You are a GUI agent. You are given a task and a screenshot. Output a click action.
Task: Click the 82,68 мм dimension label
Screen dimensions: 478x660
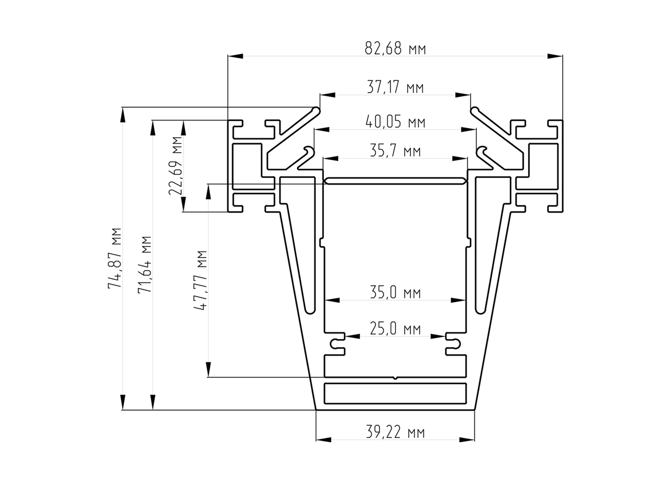pyautogui.click(x=395, y=49)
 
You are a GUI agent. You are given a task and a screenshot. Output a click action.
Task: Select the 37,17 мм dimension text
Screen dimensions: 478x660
pyautogui.click(x=395, y=87)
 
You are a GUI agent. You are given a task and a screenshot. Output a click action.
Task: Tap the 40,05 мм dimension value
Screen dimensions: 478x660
pyautogui.click(x=395, y=122)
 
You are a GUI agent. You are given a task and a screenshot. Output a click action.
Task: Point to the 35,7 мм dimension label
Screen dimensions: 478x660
pyautogui.click(x=395, y=151)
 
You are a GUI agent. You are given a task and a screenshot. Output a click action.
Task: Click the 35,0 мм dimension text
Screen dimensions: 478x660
pyautogui.click(x=395, y=293)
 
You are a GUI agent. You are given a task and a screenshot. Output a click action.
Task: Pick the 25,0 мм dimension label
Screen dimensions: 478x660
pyautogui.click(x=395, y=329)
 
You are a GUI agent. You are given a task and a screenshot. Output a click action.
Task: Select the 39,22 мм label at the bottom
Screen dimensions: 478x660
pyautogui.click(x=395, y=432)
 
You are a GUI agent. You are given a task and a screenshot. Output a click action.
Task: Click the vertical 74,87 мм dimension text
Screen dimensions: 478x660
pyautogui.click(x=115, y=258)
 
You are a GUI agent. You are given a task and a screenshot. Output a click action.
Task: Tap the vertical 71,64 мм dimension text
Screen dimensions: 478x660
pyautogui.click(x=145, y=265)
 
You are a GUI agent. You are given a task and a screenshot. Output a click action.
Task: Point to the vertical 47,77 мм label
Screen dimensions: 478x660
pyautogui.click(x=201, y=280)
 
